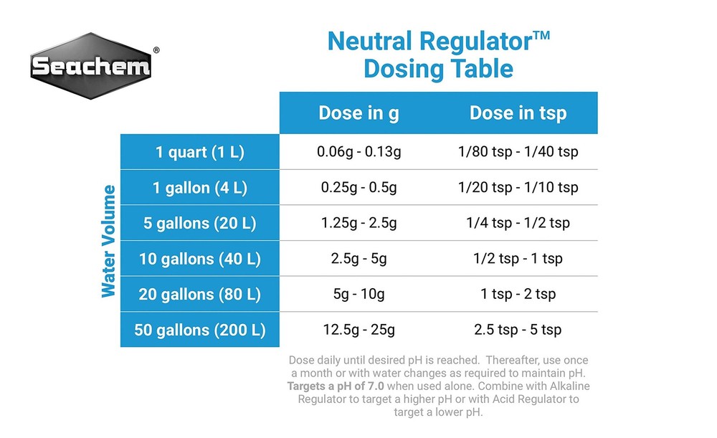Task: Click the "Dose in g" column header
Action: pyautogui.click(x=358, y=113)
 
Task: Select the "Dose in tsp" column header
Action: pyautogui.click(x=518, y=113)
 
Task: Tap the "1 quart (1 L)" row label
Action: pyautogui.click(x=199, y=152)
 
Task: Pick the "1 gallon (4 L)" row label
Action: pyautogui.click(x=199, y=188)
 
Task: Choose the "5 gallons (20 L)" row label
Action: pyautogui.click(x=199, y=223)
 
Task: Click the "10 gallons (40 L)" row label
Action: pyautogui.click(x=199, y=259)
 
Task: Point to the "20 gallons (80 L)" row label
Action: pyautogui.click(x=199, y=294)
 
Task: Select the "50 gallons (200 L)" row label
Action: pyautogui.click(x=199, y=330)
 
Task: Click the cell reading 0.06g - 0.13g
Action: pyautogui.click(x=358, y=152)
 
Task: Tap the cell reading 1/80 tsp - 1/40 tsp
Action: pyautogui.click(x=518, y=152)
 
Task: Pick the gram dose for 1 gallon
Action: pyautogui.click(x=358, y=188)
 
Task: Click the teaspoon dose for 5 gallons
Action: pyautogui.click(x=518, y=223)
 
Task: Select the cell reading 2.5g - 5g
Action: pyautogui.click(x=358, y=259)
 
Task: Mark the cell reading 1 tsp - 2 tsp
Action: pyautogui.click(x=518, y=294)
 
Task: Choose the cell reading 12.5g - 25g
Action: pyautogui.click(x=358, y=330)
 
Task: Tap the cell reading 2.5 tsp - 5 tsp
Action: pyautogui.click(x=518, y=330)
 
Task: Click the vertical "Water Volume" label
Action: pyautogui.click(x=108, y=241)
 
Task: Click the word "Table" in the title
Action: pyautogui.click(x=478, y=69)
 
